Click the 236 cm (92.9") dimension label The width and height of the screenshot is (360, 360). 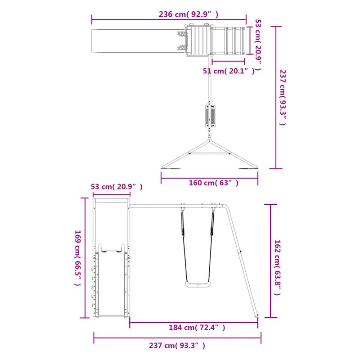tap(189, 14)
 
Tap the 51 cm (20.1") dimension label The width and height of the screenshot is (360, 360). tap(229, 71)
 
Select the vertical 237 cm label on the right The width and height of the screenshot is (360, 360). tap(283, 97)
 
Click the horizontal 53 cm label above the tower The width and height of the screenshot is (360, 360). tap(117, 187)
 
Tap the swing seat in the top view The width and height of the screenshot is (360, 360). tap(210, 116)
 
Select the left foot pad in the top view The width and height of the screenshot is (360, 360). tap(171, 169)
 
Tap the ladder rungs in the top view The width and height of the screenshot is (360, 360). tap(234, 40)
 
